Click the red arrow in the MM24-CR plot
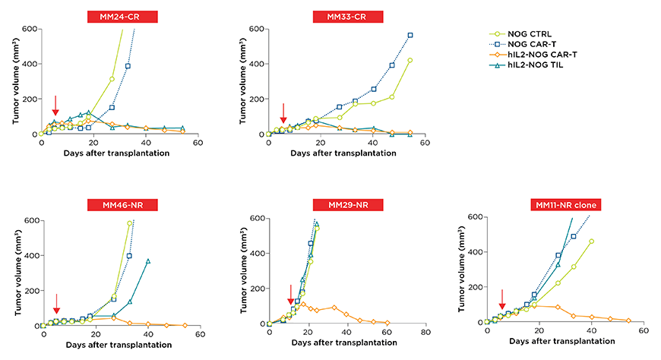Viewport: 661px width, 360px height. [x=55, y=106]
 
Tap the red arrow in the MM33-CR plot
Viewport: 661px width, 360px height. [x=283, y=113]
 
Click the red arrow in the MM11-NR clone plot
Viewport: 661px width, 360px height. [x=502, y=299]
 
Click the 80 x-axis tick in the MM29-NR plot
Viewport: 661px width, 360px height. [x=426, y=333]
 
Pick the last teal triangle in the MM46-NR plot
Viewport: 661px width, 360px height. [x=148, y=261]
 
